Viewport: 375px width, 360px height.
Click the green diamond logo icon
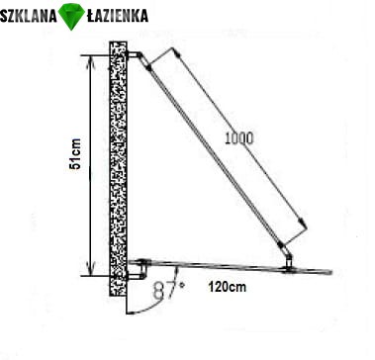pyautogui.click(x=71, y=17)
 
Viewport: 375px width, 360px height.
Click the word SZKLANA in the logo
pyautogui.click(x=29, y=16)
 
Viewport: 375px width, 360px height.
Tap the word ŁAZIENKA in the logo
pyautogui.click(x=117, y=15)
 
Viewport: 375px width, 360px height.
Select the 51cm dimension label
pyautogui.click(x=75, y=154)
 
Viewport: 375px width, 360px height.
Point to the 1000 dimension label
pyautogui.click(x=239, y=138)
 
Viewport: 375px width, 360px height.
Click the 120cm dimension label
pyautogui.click(x=228, y=287)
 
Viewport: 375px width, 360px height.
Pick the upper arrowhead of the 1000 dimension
pyautogui.click(x=177, y=51)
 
